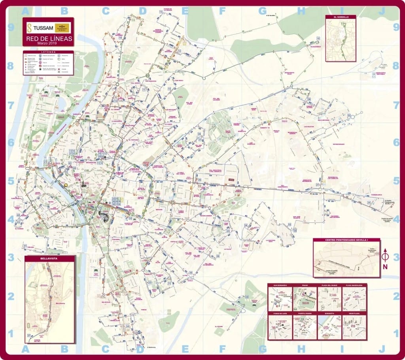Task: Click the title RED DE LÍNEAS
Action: [49, 38]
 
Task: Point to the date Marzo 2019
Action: [47, 43]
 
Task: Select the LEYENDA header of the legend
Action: [48, 52]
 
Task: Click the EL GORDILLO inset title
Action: [341, 17]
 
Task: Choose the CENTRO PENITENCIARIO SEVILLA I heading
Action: [346, 240]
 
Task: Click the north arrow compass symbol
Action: [385, 256]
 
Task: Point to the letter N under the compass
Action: [385, 267]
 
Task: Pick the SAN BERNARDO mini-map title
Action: [280, 285]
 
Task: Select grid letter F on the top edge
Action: [223, 11]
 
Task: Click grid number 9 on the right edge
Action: [396, 27]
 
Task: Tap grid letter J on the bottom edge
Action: [382, 349]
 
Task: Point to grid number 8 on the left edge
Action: [11, 66]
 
